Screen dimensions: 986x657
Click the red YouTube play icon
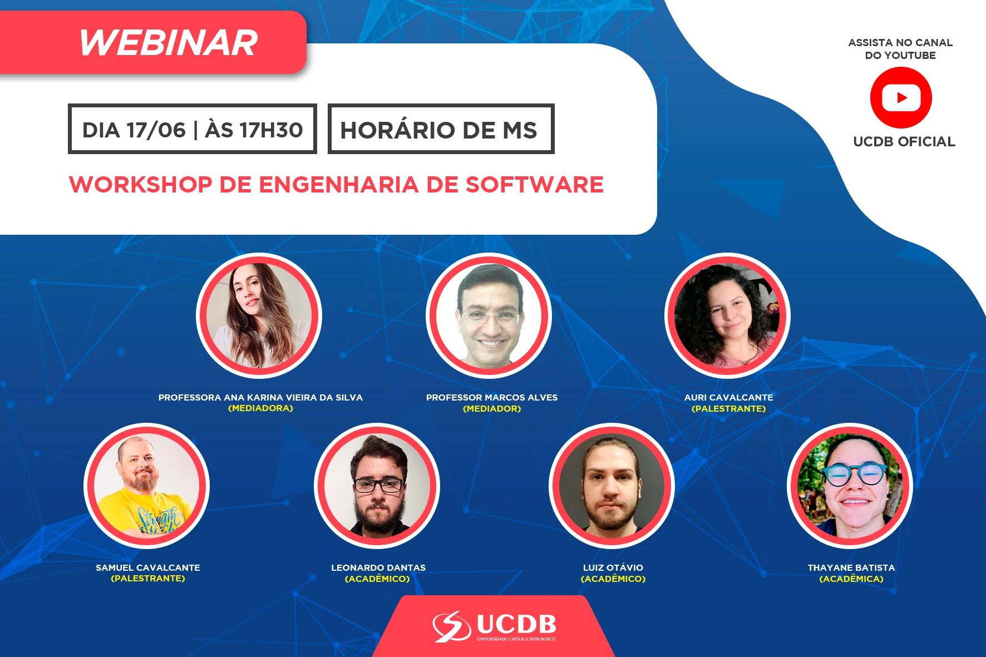coord(901,98)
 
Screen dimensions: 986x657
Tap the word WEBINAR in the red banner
coord(169,43)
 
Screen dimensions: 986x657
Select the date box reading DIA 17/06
coord(193,129)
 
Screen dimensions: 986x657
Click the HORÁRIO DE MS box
coord(441,129)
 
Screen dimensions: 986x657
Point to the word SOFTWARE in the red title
coord(534,185)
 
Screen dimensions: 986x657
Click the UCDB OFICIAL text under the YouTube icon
coord(904,142)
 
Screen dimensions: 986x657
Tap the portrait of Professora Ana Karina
coord(259,315)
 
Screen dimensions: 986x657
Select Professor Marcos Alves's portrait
coord(489,315)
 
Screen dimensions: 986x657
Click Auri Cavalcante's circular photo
coord(728,315)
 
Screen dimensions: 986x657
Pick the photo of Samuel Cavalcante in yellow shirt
coord(147,486)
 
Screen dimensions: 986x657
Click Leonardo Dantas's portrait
coord(377,486)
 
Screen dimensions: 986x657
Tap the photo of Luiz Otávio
coord(612,486)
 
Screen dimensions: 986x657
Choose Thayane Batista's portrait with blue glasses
coord(850,486)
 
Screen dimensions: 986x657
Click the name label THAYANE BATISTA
coord(851,567)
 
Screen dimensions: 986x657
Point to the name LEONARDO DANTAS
coord(378,567)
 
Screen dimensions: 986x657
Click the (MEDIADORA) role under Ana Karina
coord(260,408)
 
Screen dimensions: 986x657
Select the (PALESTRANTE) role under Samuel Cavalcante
coord(148,579)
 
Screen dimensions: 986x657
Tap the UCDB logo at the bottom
coord(495,626)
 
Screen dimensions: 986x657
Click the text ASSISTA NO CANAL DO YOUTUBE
coord(900,49)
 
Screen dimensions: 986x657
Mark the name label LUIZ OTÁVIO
coord(613,567)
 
